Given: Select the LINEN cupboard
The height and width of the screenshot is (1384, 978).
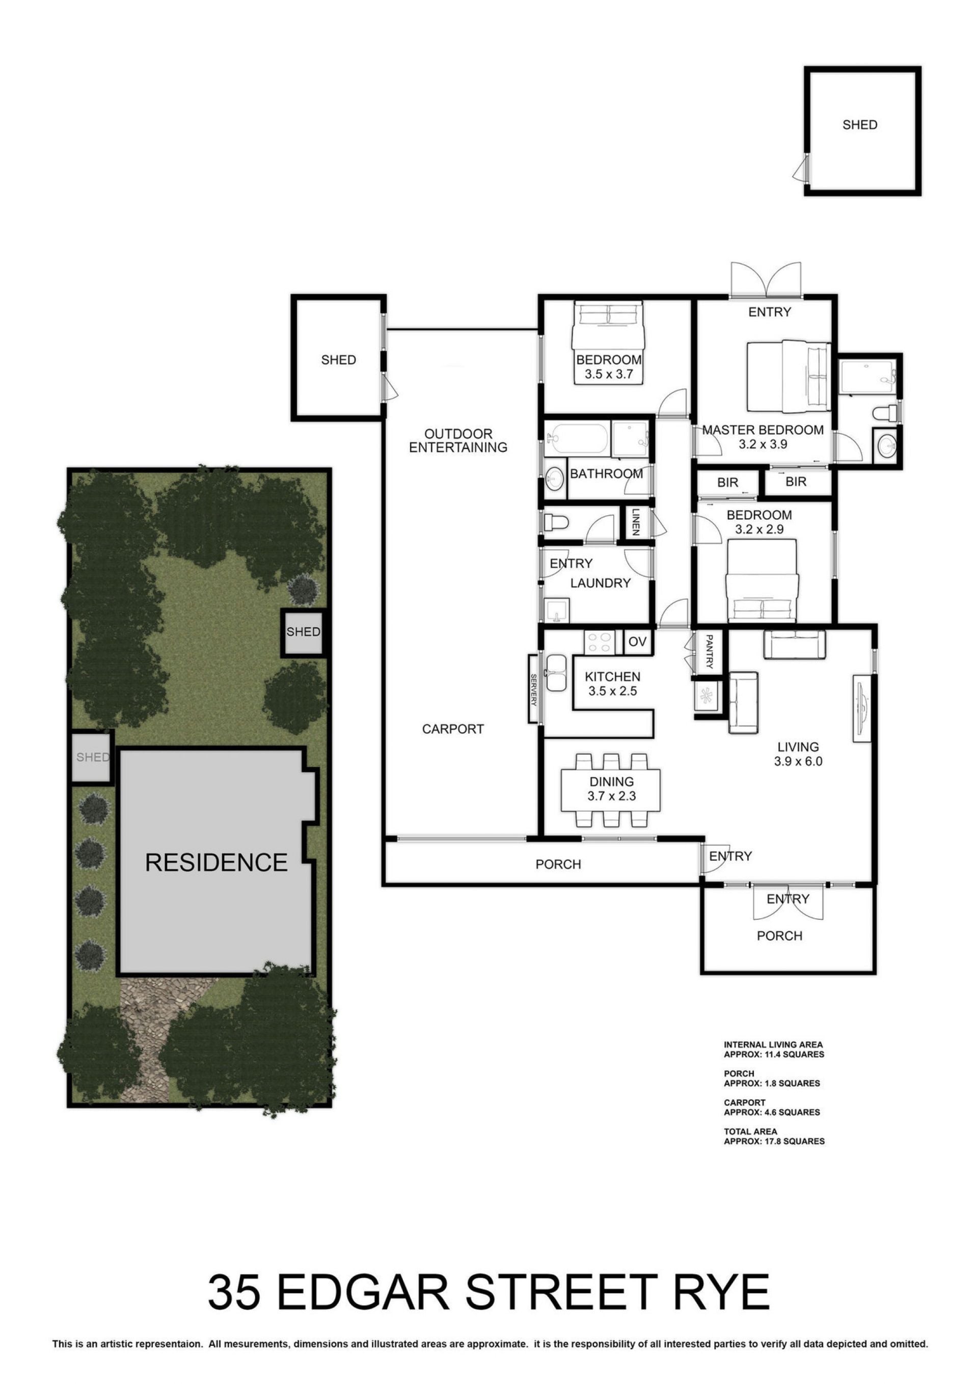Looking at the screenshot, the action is [636, 522].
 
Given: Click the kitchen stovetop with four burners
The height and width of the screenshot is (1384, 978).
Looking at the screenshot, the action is [599, 642].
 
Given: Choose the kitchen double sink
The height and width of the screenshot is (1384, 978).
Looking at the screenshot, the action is [555, 673].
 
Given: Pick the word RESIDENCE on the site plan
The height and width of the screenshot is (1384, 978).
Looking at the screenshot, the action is [216, 863].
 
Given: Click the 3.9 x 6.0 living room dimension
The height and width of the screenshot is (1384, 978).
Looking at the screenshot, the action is [798, 761].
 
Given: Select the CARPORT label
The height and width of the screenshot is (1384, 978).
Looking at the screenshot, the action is [452, 729].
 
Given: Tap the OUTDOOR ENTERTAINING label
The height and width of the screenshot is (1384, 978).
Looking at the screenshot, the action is [458, 441].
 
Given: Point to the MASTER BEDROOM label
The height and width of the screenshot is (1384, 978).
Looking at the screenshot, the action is [763, 430].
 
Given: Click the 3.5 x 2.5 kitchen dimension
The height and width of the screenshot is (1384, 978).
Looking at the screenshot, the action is [612, 691].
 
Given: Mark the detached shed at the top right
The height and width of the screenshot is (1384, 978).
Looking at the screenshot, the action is [863, 131].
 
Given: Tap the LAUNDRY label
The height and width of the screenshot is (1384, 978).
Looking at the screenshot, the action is [600, 583].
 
